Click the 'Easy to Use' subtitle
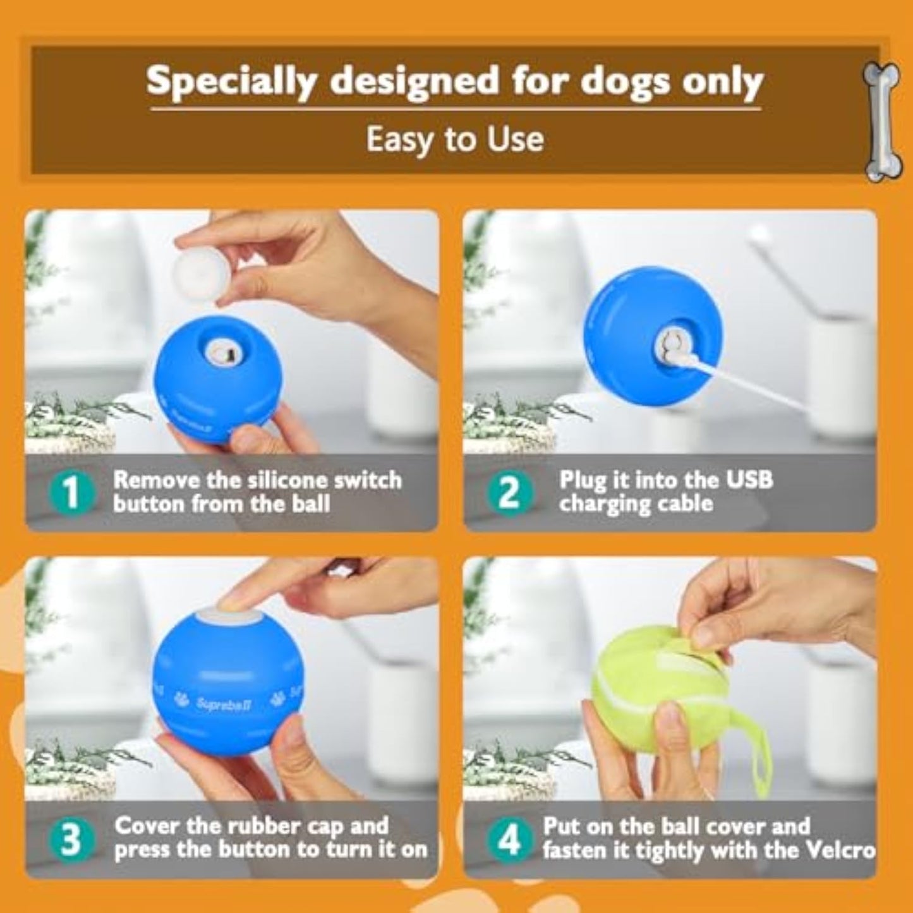(x=456, y=139)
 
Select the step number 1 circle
(x=72, y=493)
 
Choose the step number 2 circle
(x=509, y=493)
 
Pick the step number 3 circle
(x=72, y=839)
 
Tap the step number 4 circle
(x=509, y=839)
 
